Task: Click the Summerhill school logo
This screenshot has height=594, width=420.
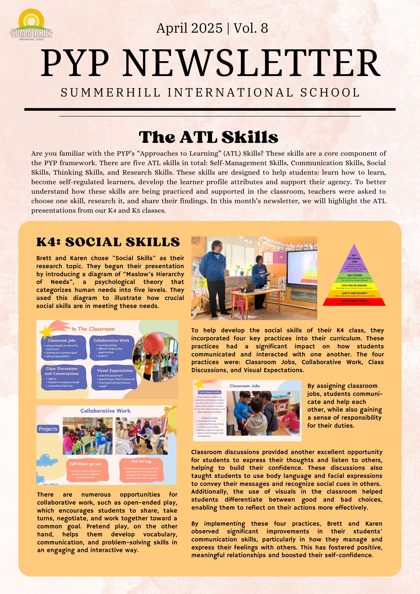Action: click(31, 25)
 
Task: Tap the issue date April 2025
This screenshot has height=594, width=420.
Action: click(189, 28)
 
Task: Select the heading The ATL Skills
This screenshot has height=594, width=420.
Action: click(209, 137)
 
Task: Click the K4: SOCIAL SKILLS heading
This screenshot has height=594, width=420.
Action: click(108, 242)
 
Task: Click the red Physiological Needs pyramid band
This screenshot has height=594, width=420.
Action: click(354, 302)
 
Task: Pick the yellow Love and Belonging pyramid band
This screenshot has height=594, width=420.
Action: click(354, 286)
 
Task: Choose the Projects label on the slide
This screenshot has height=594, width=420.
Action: click(48, 429)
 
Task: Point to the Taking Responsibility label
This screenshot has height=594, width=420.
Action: click(209, 392)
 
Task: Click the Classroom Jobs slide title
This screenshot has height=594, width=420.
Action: click(244, 386)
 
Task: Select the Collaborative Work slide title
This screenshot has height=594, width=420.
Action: click(105, 411)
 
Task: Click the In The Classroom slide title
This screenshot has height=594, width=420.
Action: click(93, 329)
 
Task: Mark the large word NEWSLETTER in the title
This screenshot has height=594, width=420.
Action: click(251, 63)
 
